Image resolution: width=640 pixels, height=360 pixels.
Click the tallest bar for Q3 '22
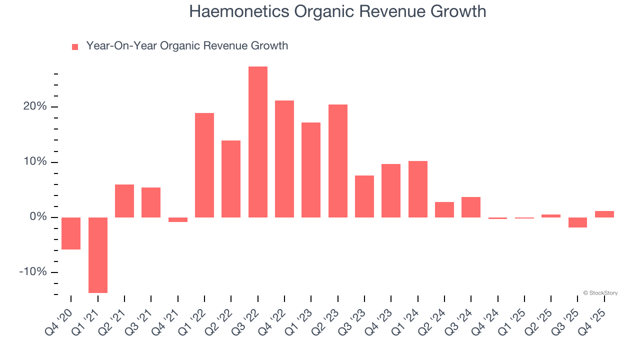pos(257,142)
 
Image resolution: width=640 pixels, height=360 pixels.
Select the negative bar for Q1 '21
pos(97,255)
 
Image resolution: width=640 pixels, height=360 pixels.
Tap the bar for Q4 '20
pos(71,233)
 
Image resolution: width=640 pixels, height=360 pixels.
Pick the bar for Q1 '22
pos(204,165)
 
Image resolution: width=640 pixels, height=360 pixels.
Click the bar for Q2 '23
pos(337,161)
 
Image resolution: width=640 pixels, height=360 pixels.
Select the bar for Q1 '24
pos(417,189)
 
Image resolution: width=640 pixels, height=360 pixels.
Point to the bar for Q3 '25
pos(577,222)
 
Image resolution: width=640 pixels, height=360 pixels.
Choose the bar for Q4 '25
pos(604,214)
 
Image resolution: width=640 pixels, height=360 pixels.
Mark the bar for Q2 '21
pos(124,201)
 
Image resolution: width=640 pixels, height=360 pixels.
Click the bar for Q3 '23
pos(364,196)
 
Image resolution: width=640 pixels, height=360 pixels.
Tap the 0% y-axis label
pos(38,217)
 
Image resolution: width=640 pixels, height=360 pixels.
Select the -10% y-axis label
pos(33,272)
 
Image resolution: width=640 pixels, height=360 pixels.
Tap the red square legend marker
pos(75,47)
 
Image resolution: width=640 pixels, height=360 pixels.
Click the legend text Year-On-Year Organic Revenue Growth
pos(187,46)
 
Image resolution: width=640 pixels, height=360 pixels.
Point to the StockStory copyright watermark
pos(600,293)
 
